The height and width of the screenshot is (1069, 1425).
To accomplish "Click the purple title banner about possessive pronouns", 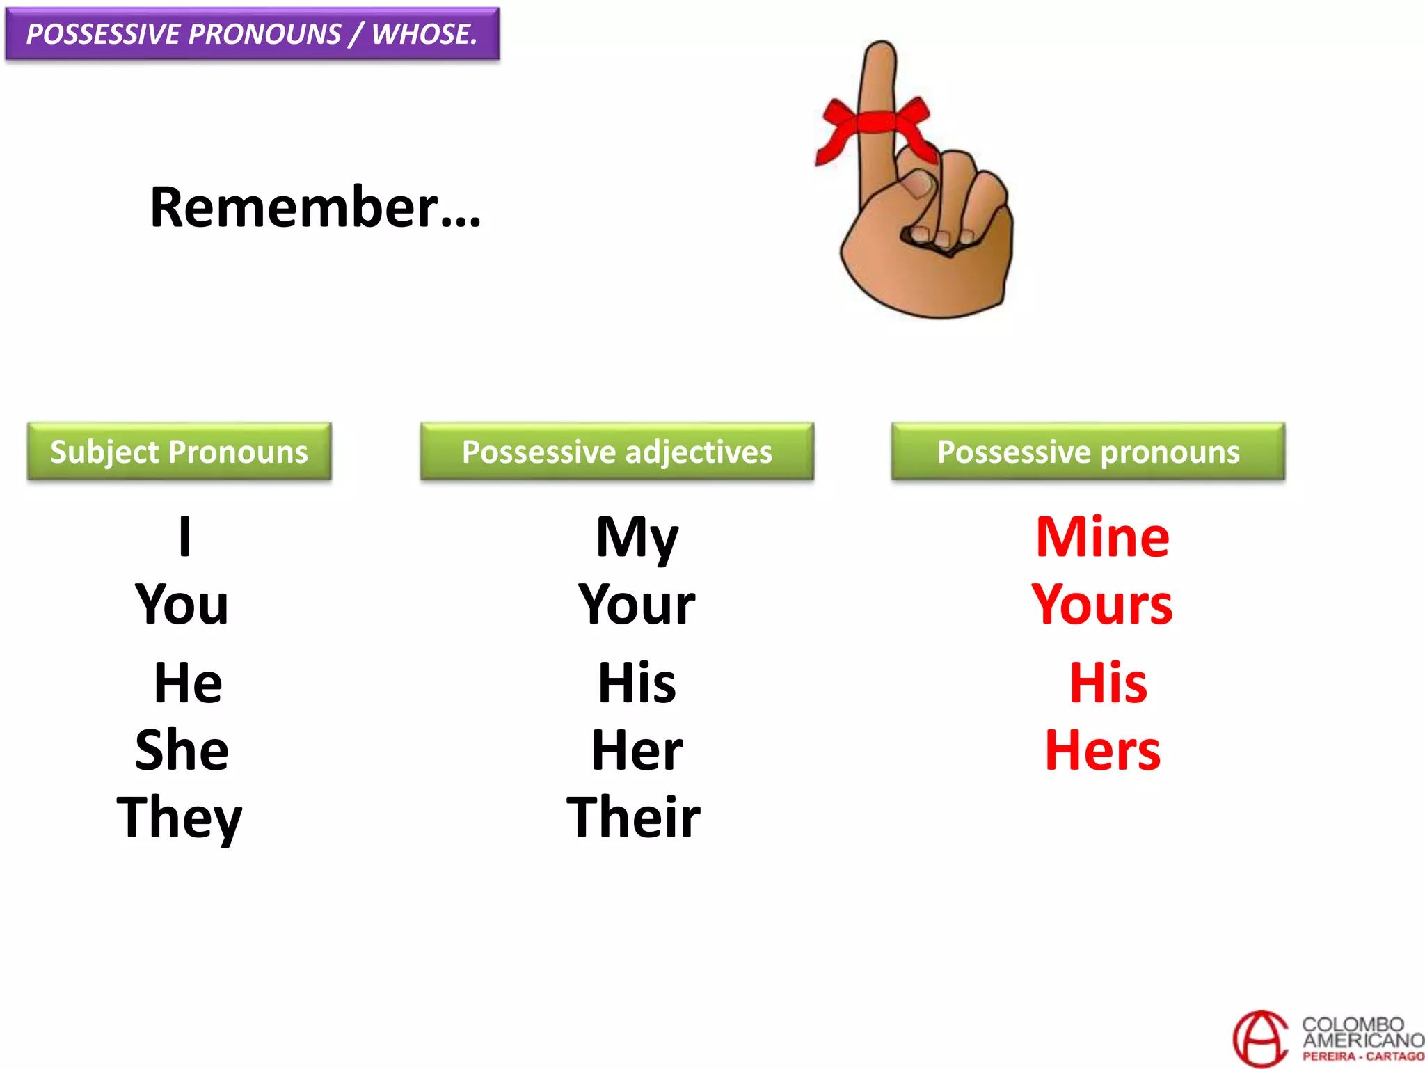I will (252, 34).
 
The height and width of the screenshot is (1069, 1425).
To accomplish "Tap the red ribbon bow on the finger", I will (875, 125).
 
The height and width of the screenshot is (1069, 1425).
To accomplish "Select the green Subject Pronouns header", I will (179, 452).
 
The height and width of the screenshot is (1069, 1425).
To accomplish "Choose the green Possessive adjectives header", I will (616, 452).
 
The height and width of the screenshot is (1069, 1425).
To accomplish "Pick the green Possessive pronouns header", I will (1088, 452).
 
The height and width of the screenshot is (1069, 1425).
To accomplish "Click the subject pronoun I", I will (184, 537).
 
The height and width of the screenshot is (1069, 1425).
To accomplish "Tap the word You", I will (182, 604).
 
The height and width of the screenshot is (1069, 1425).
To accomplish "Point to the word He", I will (188, 683).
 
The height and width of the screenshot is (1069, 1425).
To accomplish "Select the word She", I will (182, 750).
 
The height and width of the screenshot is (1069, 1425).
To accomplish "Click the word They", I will (180, 818).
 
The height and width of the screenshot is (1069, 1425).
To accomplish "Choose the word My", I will (637, 538).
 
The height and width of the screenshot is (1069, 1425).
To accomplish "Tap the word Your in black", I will (637, 605).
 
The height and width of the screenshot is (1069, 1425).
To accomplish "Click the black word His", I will (637, 683).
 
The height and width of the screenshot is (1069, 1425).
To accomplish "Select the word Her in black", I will (637, 750).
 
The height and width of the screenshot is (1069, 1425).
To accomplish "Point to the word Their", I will (633, 817).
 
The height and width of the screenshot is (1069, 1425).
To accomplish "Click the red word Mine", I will (1102, 537).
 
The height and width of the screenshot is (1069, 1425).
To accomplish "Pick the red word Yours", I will (1102, 605).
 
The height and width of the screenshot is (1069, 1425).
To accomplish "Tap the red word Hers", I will (1103, 750).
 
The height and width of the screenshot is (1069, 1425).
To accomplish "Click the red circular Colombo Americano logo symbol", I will (1259, 1039).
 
